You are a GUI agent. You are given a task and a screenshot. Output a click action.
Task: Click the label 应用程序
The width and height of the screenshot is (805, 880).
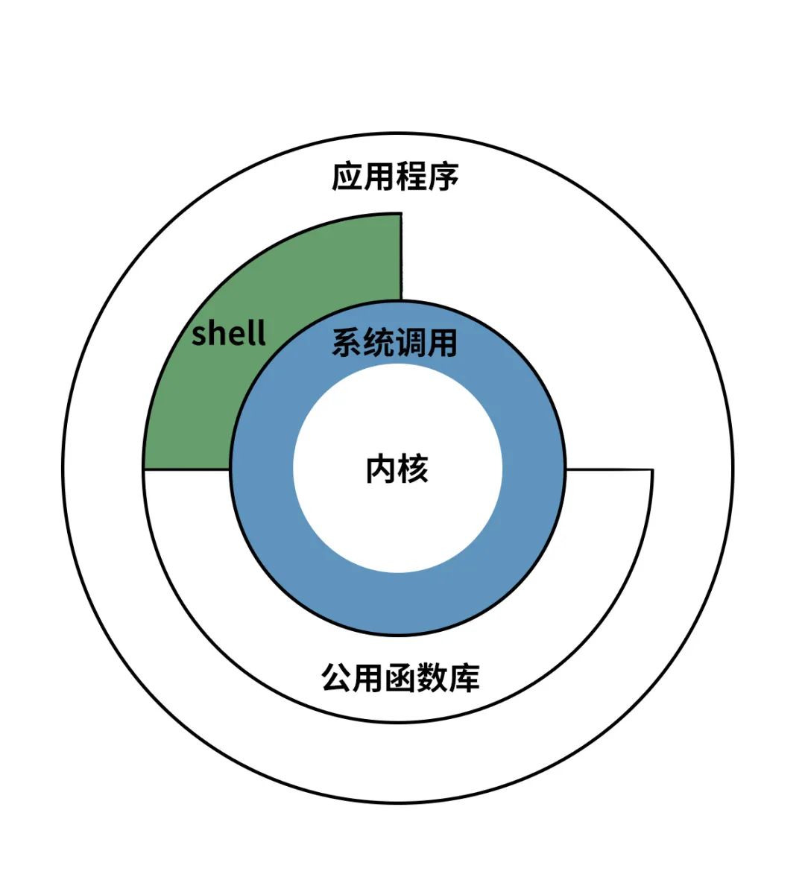395,177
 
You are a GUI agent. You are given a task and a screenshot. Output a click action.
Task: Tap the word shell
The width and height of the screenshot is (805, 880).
228,333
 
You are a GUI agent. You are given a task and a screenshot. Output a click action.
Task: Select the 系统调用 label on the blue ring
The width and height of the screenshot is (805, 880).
394,344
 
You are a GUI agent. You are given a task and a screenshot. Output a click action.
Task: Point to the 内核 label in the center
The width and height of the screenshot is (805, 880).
397,469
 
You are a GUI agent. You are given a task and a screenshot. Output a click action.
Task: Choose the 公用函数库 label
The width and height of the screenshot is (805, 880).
400,677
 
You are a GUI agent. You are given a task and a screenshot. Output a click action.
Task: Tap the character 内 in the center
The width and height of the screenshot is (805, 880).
380,469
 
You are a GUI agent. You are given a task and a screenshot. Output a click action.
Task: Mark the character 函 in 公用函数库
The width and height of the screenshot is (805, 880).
400,677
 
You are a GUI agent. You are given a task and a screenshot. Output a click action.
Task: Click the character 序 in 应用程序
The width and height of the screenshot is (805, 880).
444,177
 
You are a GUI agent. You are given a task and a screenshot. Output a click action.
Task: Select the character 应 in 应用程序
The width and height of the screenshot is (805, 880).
347,177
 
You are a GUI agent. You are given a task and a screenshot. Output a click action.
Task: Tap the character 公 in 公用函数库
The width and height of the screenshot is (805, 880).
337,677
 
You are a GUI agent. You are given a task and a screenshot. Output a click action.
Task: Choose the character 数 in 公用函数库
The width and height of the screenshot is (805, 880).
432,677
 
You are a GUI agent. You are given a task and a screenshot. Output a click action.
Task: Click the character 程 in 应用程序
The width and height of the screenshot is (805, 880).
411,177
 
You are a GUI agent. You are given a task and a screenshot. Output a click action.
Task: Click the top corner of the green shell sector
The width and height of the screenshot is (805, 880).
401,214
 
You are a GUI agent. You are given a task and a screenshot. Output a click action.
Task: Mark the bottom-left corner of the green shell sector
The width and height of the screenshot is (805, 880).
144,469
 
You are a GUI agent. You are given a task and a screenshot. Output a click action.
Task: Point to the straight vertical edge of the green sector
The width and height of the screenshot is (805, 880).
401,257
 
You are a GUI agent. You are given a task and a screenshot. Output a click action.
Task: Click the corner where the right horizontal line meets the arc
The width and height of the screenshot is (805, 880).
652,470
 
